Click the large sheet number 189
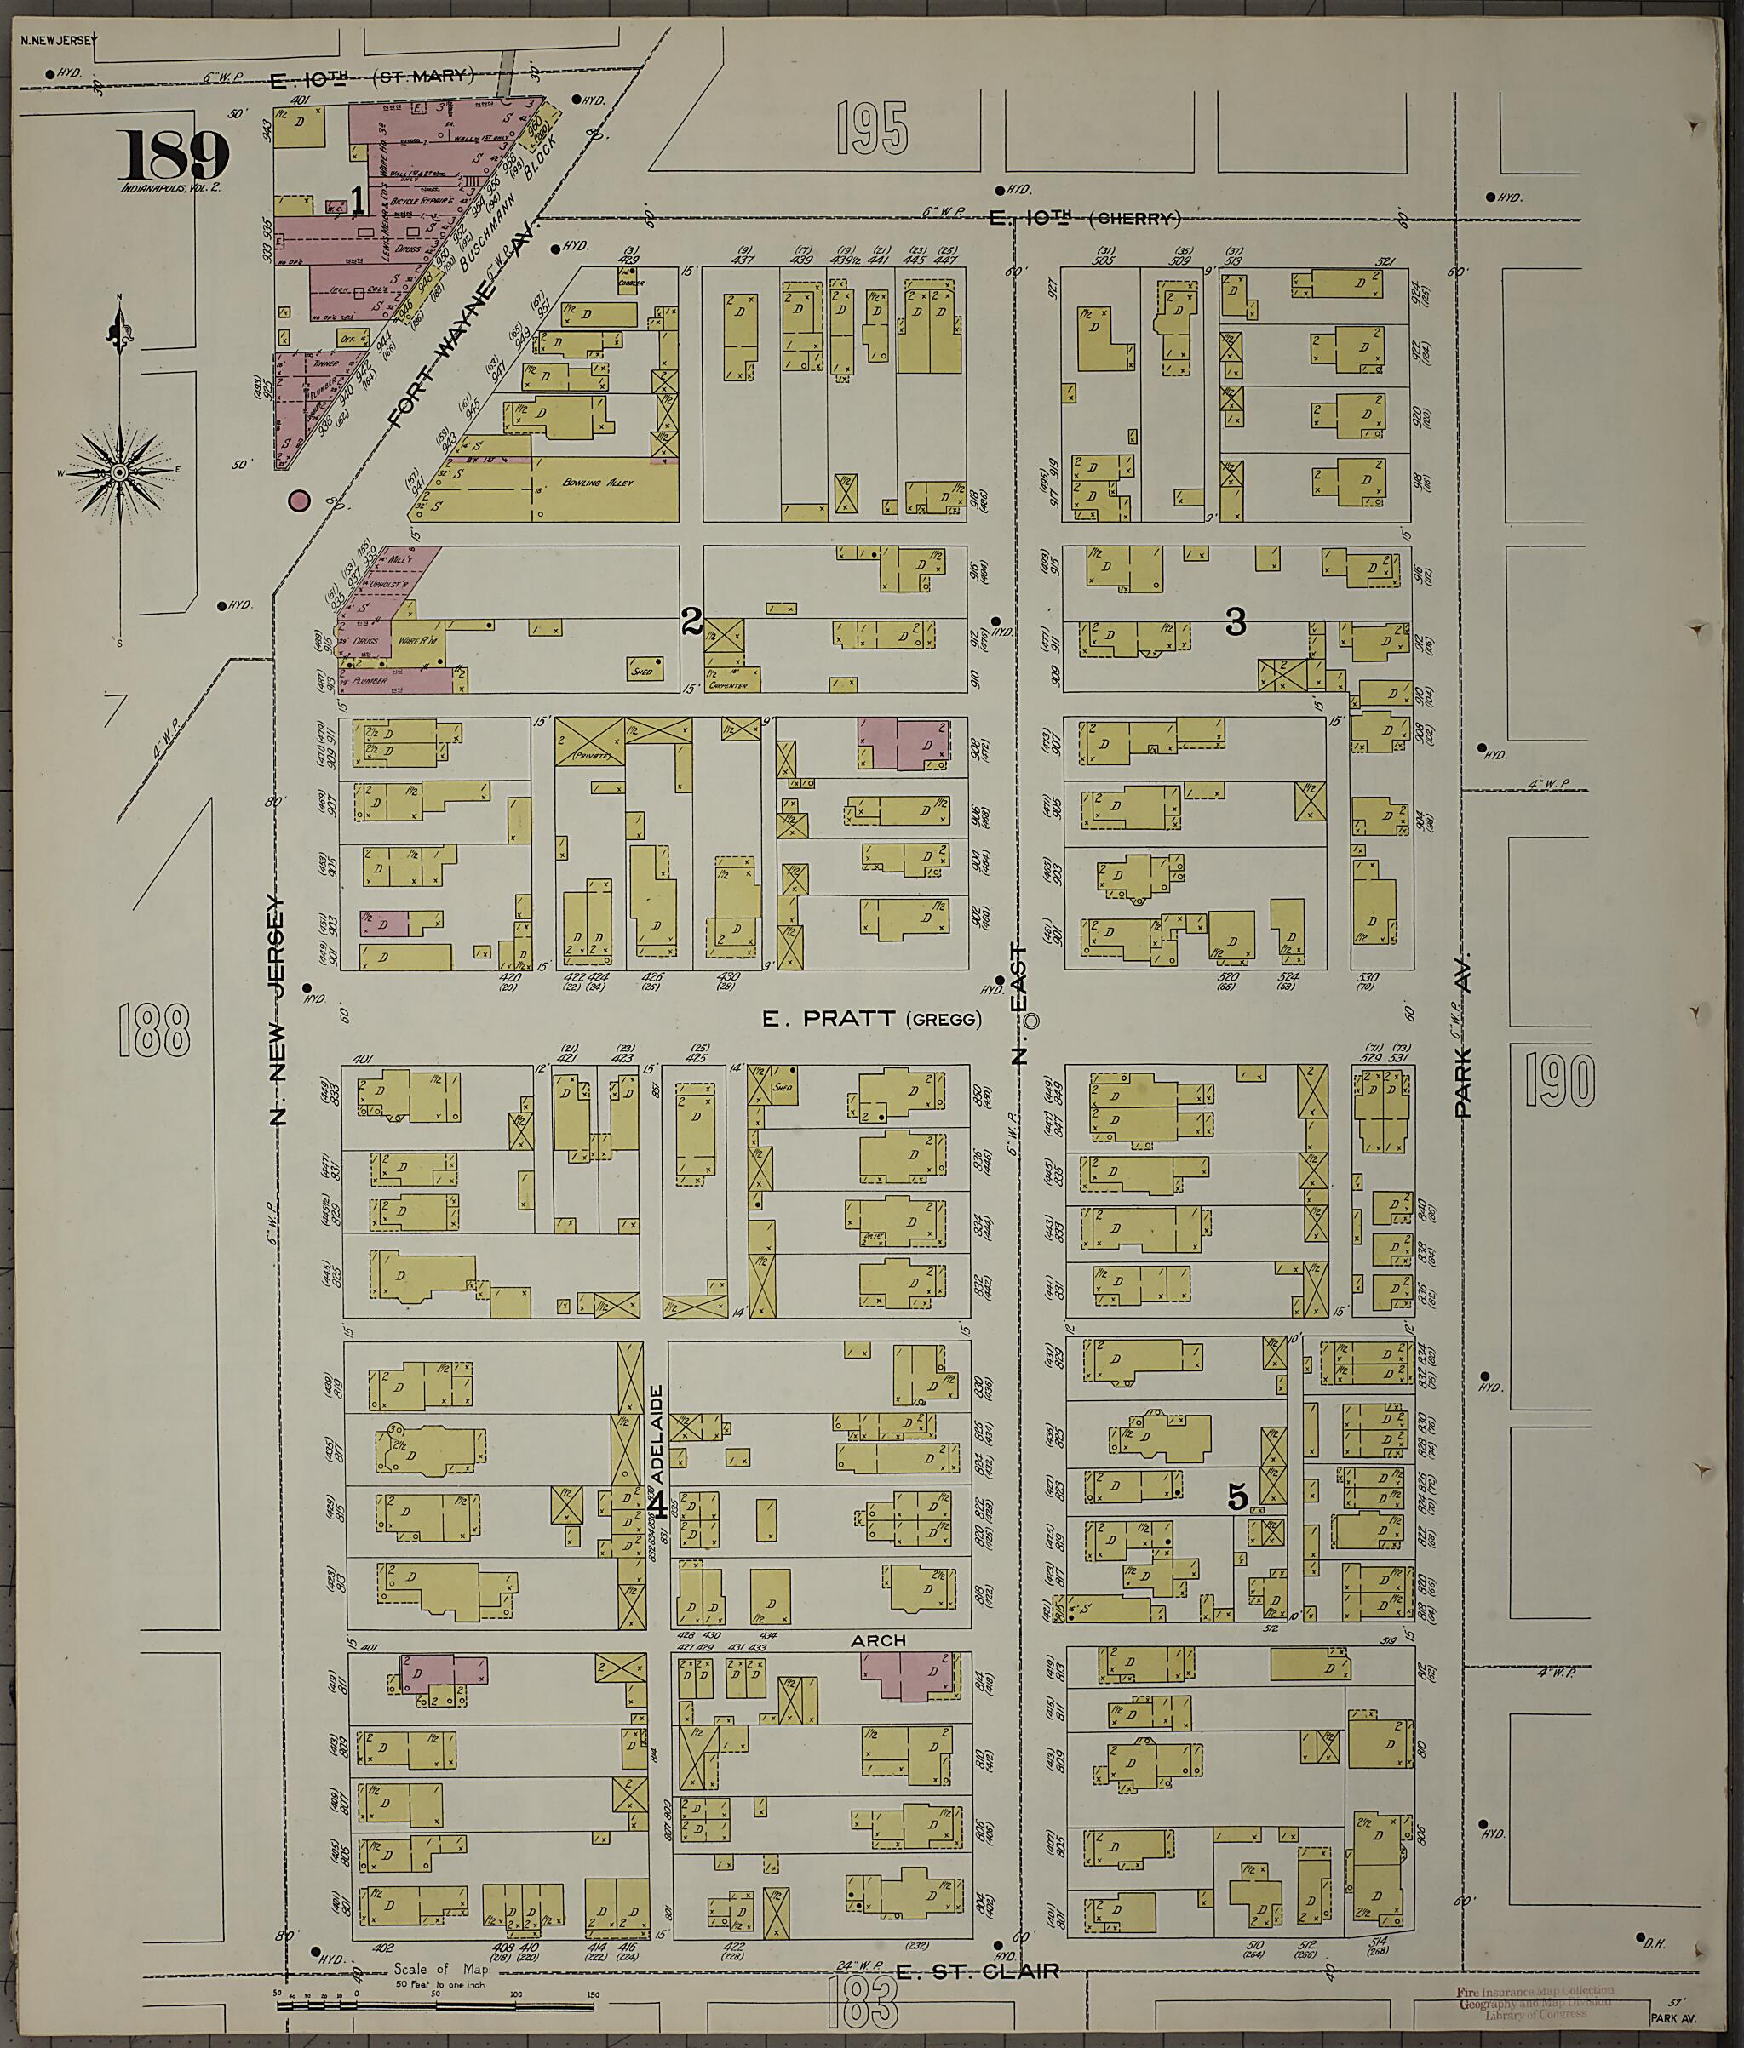(174, 155)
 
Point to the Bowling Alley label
(597, 483)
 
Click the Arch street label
(878, 1639)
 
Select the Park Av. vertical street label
(1463, 1034)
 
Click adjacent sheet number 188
(153, 1029)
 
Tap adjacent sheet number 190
(1559, 1079)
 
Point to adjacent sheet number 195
(871, 129)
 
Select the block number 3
(1235, 621)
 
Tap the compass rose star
(119, 472)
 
